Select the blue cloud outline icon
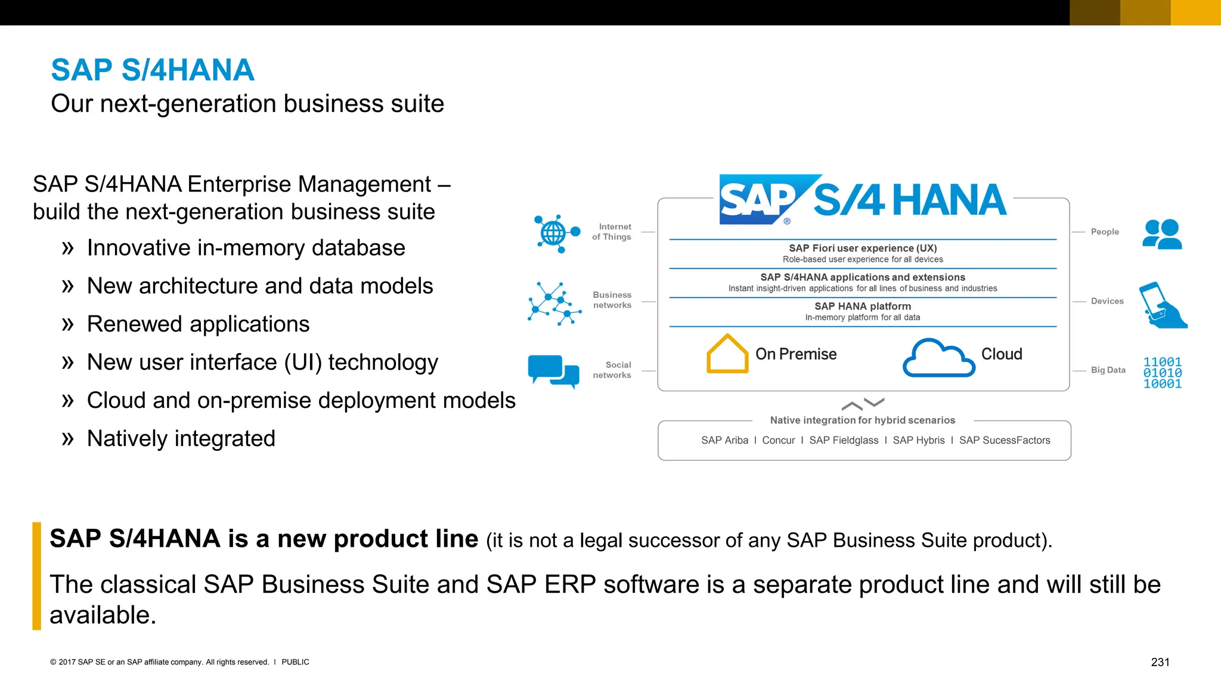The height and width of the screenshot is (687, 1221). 938,358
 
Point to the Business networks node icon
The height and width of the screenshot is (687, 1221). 554,304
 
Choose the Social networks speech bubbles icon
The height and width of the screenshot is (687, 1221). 553,371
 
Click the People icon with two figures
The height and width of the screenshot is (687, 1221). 1162,234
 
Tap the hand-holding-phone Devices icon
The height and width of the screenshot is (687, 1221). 1162,305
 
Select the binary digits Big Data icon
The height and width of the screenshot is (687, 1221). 1162,373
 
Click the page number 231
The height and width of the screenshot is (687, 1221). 1160,662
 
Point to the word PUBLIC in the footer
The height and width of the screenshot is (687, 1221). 295,662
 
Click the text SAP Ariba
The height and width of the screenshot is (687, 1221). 724,440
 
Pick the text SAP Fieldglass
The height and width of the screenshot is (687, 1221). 844,440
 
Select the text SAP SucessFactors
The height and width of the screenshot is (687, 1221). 1005,440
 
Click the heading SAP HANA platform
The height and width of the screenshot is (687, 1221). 863,306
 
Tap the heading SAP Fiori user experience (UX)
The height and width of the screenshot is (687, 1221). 863,248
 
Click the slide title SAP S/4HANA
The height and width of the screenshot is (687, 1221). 153,70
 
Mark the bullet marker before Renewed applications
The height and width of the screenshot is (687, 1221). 67,324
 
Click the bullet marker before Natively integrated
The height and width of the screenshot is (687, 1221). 67,439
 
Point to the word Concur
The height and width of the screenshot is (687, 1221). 779,440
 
